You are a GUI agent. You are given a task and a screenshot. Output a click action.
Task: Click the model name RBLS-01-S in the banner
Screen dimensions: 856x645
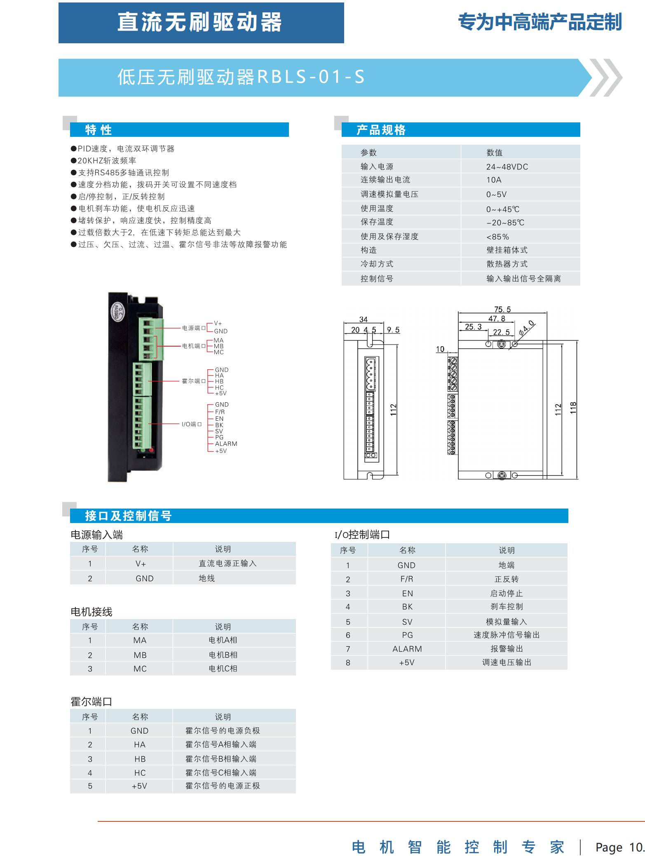pos(311,77)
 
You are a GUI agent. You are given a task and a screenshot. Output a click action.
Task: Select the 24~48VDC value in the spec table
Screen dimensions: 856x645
pos(507,167)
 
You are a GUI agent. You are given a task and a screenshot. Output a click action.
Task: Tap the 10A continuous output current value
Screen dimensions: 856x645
pos(493,180)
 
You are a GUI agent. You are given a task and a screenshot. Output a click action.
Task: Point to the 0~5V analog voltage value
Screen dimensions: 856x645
pos(496,195)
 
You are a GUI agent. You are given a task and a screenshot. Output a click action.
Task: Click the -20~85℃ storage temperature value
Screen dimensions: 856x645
pos(505,223)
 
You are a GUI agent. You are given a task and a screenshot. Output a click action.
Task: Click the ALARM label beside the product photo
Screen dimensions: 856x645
pos(226,444)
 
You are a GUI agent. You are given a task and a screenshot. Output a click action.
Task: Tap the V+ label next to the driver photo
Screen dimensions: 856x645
pos(218,324)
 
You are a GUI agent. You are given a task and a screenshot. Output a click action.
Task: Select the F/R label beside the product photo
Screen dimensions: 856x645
pos(220,412)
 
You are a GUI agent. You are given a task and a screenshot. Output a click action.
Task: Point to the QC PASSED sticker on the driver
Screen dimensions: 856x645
pos(116,311)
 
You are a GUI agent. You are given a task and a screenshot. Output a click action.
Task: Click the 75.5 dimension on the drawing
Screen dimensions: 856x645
pos(502,310)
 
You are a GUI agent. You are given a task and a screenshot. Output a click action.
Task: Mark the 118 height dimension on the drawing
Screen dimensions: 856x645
pos(573,408)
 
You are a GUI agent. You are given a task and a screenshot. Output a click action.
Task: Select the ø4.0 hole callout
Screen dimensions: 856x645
pos(526,328)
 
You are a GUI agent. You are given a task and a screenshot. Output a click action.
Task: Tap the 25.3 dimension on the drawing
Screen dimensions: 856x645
pos(473,327)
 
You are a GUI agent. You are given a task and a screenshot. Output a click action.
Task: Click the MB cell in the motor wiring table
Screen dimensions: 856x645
pos(140,655)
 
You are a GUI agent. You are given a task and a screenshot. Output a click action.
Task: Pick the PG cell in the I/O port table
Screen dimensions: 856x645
pos(407,635)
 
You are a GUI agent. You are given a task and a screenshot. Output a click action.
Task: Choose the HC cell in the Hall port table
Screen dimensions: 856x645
pos(140,773)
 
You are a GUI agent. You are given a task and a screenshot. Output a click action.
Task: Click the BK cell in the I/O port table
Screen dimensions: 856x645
pos(407,607)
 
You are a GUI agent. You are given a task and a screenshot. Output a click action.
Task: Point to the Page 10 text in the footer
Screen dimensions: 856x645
pos(619,847)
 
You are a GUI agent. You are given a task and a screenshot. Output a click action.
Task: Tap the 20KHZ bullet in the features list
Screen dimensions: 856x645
pos(107,161)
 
